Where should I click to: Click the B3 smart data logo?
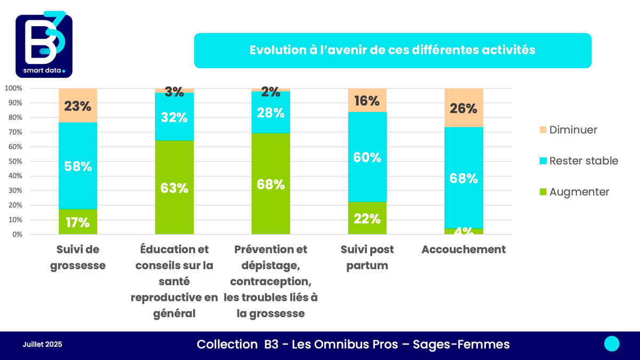(44, 44)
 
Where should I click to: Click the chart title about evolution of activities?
(392, 50)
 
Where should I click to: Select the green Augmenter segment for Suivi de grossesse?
(78, 221)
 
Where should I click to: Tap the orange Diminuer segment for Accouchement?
(463, 108)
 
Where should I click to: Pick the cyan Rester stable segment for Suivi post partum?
(367, 157)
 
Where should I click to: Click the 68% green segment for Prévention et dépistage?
(271, 184)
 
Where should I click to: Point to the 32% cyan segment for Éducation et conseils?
(174, 117)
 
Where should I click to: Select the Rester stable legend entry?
(578, 161)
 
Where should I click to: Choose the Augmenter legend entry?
(573, 191)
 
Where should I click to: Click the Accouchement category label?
(463, 250)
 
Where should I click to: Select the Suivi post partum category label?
(367, 257)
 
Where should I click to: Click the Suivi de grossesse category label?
(78, 257)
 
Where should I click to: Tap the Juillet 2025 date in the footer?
(43, 345)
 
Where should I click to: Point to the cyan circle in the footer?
(612, 344)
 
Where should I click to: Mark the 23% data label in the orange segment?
(78, 106)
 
